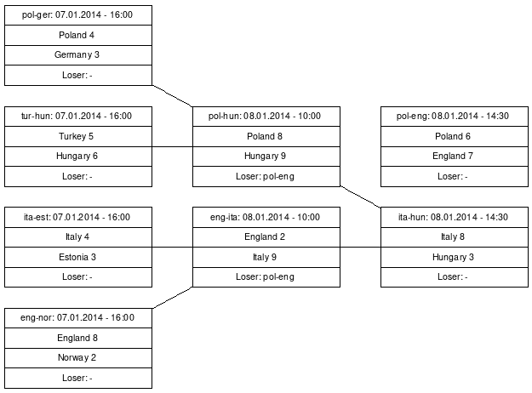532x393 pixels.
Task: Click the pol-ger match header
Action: (78, 15)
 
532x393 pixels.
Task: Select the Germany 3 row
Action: (78, 55)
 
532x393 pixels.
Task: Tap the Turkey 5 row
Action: (78, 136)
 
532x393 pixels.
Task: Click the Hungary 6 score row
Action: (78, 157)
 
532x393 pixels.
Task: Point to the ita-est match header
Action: (78, 217)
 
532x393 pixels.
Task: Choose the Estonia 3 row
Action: (78, 257)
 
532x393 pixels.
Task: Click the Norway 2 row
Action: (78, 358)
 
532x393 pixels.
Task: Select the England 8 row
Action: (78, 338)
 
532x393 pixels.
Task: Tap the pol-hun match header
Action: (266, 117)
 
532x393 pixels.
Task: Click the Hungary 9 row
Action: (266, 157)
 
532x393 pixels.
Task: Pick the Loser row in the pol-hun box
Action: (266, 176)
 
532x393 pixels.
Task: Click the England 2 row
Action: (266, 237)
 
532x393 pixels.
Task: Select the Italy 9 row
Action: (266, 257)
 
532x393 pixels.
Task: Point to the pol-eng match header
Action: (455, 117)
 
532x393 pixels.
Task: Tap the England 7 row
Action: (455, 157)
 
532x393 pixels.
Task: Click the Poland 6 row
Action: (455, 136)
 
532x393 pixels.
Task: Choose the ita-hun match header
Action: (455, 217)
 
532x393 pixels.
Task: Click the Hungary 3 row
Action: (455, 257)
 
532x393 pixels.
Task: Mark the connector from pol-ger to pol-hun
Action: (172, 96)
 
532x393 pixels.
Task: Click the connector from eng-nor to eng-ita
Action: (172, 298)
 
